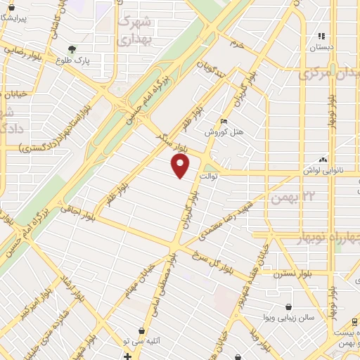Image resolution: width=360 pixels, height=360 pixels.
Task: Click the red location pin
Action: point(181,166)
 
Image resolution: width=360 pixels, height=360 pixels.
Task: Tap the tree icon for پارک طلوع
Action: point(72,49)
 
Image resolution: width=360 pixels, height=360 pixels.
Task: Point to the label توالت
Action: point(211,176)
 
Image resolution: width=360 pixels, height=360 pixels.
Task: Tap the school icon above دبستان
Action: point(322,36)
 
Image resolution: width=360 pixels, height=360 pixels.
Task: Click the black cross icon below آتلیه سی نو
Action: point(127,356)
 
